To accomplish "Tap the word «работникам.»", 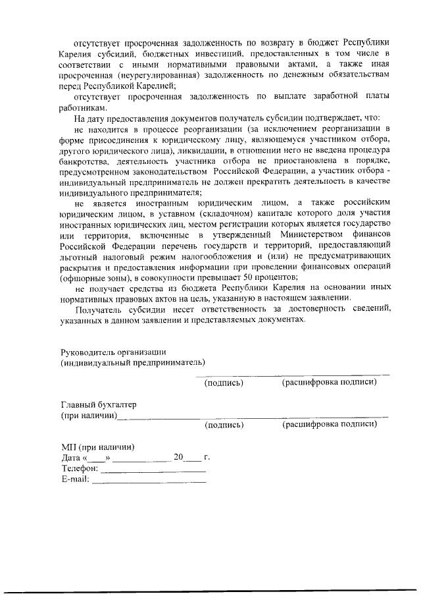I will (83, 107).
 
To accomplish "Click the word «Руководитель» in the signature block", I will (86, 352).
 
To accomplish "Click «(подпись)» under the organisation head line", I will (224, 383).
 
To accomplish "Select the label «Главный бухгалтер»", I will (99, 404).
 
